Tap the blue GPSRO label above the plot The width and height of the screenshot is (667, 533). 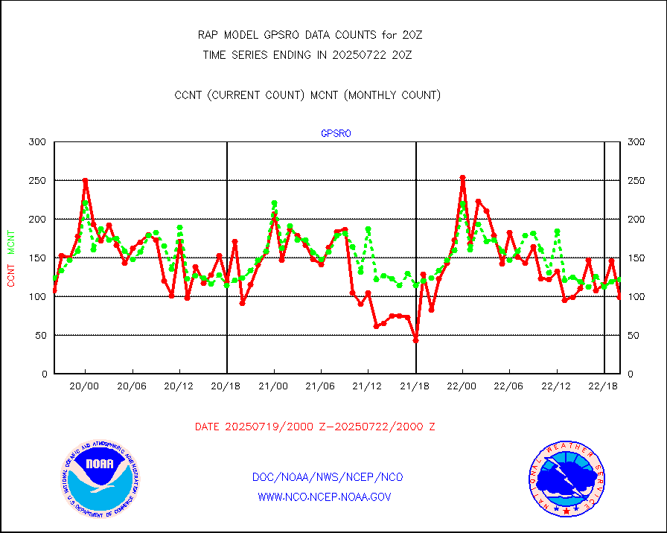point(336,134)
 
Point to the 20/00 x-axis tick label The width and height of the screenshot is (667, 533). point(85,386)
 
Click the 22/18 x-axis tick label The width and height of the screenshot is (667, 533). point(603,386)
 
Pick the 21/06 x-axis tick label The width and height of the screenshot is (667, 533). point(321,386)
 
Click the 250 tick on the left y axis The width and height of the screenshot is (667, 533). point(38,181)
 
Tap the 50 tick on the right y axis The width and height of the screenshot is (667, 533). point(635,335)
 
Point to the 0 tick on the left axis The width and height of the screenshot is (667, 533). point(43,374)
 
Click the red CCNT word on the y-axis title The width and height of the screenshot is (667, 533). point(11,273)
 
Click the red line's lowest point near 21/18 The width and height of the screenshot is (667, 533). point(415,340)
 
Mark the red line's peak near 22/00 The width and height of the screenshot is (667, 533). point(462,178)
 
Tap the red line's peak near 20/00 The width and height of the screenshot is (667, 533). point(85,181)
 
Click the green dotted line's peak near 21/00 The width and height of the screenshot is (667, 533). point(274,203)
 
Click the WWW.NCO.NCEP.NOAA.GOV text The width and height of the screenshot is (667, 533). point(324,497)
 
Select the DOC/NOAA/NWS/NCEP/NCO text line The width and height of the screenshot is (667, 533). point(328,477)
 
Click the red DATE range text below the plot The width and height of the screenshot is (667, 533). point(315,427)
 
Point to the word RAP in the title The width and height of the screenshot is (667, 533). point(208,35)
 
